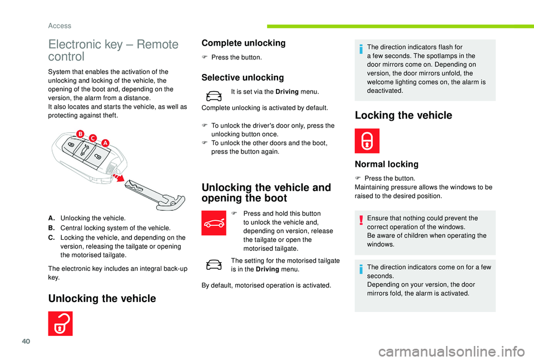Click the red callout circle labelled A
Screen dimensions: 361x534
pos(105,142)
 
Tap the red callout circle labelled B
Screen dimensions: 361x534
pos(80,133)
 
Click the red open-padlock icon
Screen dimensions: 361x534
pos(60,324)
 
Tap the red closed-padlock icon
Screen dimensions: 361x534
pos(367,141)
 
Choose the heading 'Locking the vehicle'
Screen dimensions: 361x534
pos(403,116)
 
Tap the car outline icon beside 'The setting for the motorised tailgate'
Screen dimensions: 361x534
pos(214,264)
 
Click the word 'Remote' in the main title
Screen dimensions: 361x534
pos(157,44)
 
